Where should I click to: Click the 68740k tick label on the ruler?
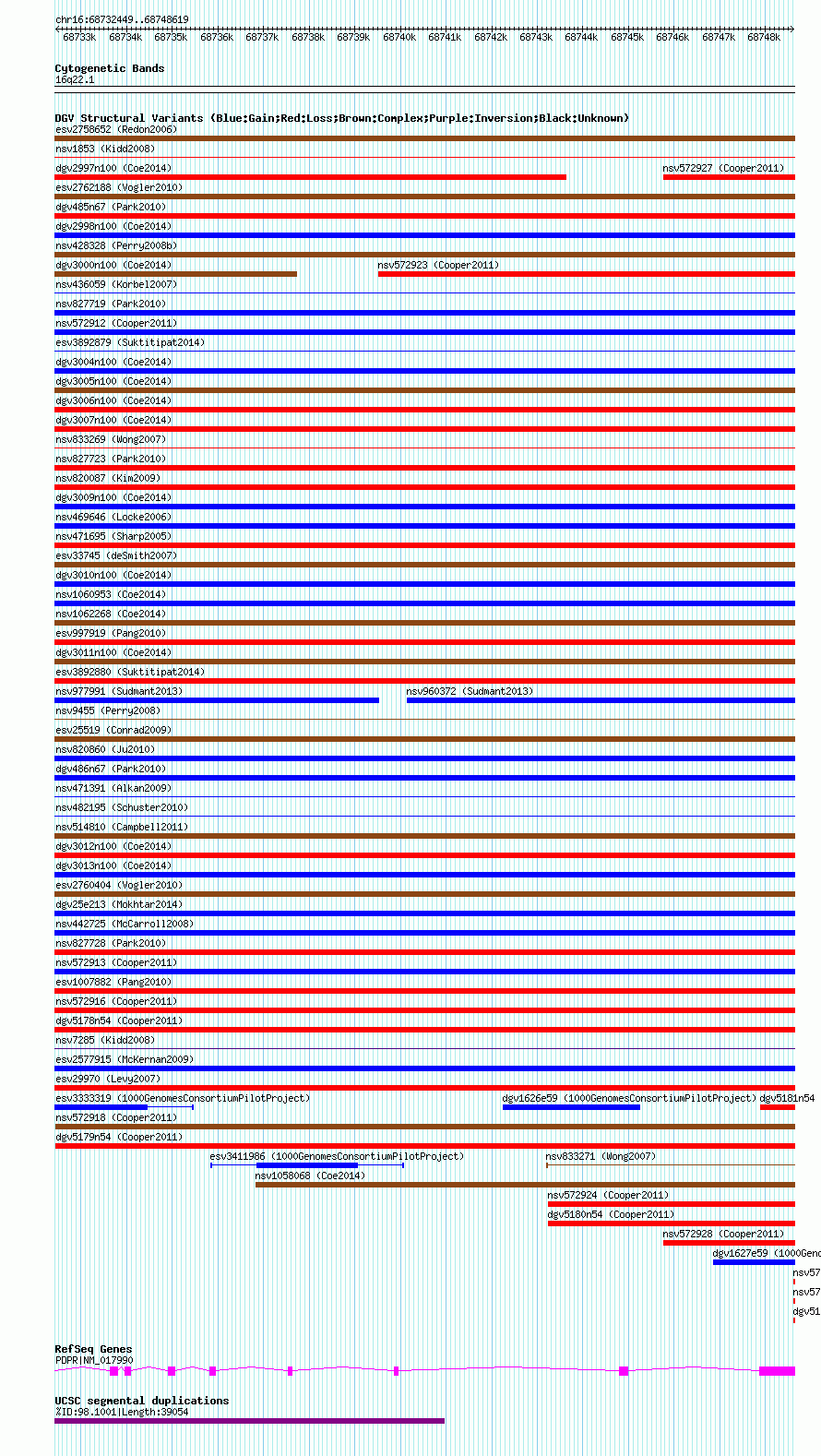(x=399, y=38)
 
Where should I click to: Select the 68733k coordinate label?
(x=79, y=38)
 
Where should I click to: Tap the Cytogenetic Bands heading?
(x=109, y=68)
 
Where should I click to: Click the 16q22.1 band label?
(x=75, y=80)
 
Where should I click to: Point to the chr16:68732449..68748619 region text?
(x=122, y=19)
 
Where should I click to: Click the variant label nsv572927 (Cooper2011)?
(x=723, y=168)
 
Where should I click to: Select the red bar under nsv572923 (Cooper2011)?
(x=586, y=274)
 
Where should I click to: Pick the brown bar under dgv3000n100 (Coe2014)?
(x=175, y=274)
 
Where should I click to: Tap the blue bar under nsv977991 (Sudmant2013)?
(x=217, y=700)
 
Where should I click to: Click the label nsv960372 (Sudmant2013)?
(x=470, y=691)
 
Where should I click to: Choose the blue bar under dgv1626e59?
(x=571, y=1107)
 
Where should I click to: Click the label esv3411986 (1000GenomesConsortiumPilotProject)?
(x=337, y=1156)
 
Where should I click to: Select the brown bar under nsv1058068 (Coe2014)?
(x=525, y=1185)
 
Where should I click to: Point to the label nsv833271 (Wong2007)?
(x=601, y=1156)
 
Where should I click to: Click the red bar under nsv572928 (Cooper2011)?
(x=729, y=1243)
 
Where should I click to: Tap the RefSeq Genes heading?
(x=93, y=1349)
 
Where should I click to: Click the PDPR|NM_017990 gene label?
(x=94, y=1360)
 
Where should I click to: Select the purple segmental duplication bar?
(x=249, y=1421)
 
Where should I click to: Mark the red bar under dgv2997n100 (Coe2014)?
(x=310, y=177)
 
